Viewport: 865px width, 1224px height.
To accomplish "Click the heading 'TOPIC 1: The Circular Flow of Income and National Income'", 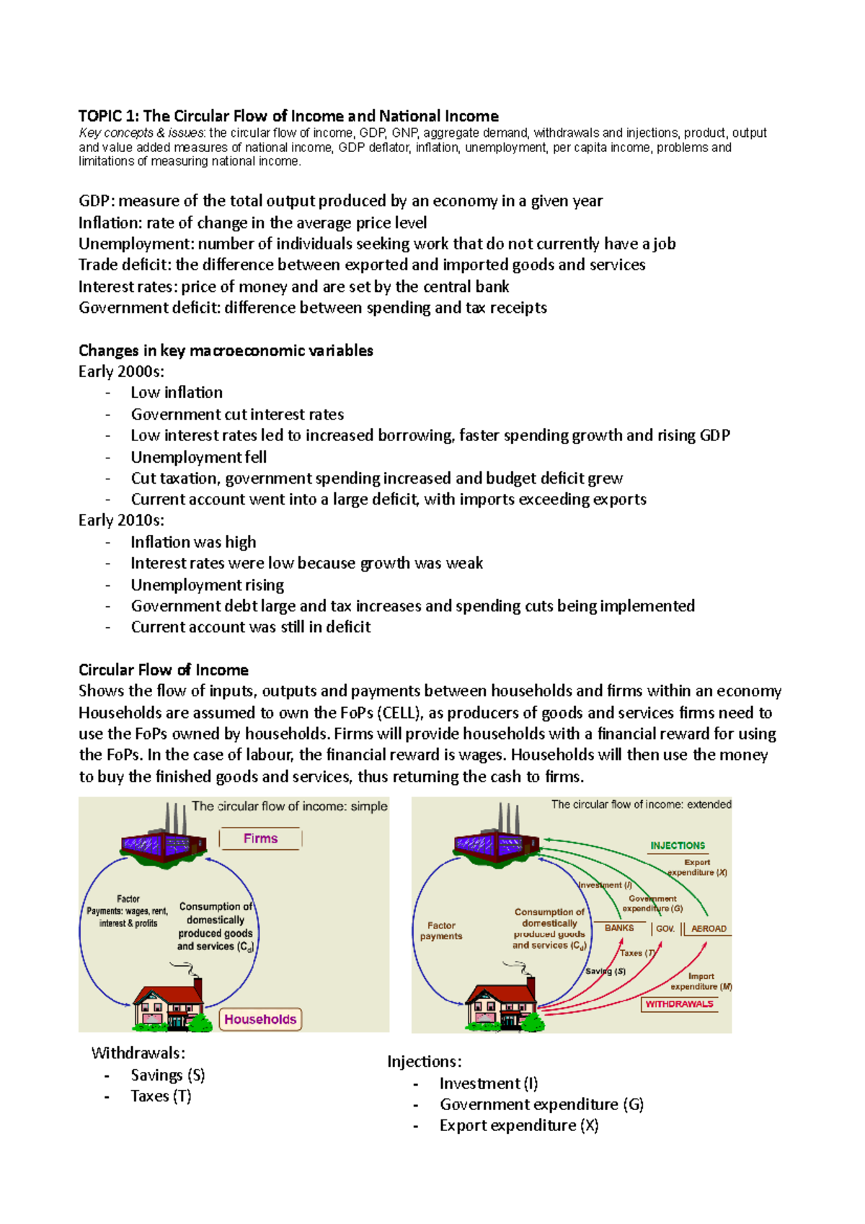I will (x=288, y=116).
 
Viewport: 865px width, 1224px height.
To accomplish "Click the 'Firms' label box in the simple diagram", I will (x=260, y=838).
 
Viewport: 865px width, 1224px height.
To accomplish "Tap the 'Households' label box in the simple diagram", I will (x=259, y=1019).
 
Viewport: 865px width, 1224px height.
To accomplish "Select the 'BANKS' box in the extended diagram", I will (x=619, y=928).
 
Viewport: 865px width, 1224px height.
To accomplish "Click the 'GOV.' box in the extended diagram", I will (x=665, y=929).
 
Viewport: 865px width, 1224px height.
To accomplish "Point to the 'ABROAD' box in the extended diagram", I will (x=709, y=929).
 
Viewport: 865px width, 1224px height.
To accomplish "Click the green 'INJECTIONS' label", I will (x=678, y=846).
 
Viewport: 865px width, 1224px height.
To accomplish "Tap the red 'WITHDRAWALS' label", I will (x=679, y=1004).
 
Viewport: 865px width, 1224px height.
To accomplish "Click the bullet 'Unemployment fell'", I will (x=198, y=457).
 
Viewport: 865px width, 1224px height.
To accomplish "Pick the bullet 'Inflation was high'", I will (x=193, y=542).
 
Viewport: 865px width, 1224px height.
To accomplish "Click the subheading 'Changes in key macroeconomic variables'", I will (x=226, y=351).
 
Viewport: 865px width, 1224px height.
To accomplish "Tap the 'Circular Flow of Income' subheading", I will (x=164, y=670).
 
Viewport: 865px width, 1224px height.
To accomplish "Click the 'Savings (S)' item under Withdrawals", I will (x=168, y=1076).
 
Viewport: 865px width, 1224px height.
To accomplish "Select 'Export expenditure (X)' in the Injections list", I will (x=518, y=1126).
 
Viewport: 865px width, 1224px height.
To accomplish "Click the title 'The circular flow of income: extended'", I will (x=641, y=804).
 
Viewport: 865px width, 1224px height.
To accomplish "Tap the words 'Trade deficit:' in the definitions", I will (x=125, y=265).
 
